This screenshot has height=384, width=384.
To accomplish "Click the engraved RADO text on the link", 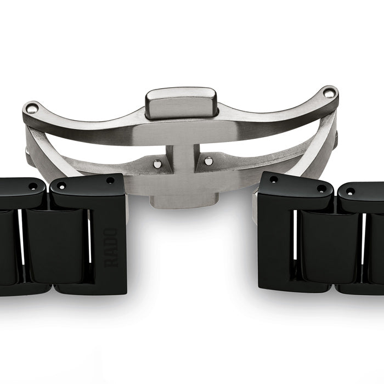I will click(x=111, y=247).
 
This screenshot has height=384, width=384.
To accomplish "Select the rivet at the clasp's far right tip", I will click(x=329, y=93).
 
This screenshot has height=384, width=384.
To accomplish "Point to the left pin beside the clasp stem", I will click(x=156, y=162).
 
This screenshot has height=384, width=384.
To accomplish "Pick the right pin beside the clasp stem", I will click(x=208, y=161).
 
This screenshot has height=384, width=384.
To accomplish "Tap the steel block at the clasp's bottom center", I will click(x=181, y=199).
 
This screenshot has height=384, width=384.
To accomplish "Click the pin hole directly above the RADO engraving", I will click(x=110, y=180).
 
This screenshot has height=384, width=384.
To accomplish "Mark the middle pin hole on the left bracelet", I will click(x=61, y=185).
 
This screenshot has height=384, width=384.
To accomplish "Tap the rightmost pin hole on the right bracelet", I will click(x=349, y=191).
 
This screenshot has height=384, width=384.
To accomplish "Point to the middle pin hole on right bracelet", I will click(x=321, y=189).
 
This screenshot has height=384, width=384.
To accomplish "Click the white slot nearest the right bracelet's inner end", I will click(x=295, y=241).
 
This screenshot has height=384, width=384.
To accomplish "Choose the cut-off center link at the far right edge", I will click(x=377, y=247).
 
